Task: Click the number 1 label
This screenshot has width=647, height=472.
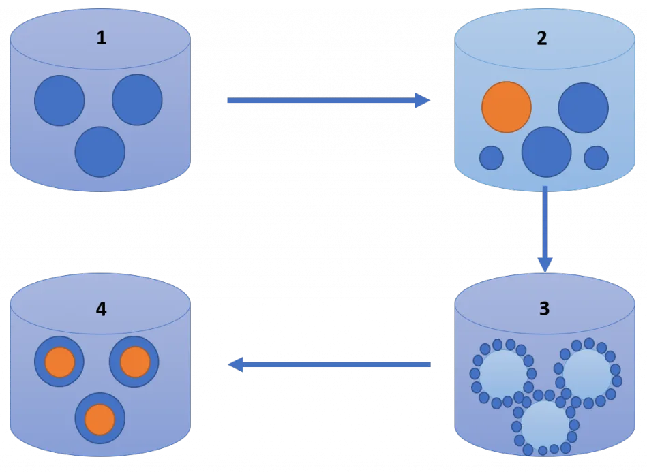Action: (101, 37)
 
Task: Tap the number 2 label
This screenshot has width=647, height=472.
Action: (541, 38)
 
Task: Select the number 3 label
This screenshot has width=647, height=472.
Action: (543, 309)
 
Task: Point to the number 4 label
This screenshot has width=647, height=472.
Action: (101, 309)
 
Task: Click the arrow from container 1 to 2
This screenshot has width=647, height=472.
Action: (327, 101)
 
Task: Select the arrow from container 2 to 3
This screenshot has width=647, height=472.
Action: (544, 228)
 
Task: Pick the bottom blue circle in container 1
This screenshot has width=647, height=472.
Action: (100, 152)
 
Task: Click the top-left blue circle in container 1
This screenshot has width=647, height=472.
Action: (60, 101)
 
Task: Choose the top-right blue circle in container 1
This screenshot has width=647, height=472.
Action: (137, 99)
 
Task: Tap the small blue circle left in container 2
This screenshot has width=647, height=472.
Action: (492, 158)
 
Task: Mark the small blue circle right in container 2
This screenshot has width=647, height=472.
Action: (597, 158)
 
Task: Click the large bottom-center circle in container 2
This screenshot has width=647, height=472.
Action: (546, 152)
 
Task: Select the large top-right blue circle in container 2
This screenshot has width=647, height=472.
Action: (583, 108)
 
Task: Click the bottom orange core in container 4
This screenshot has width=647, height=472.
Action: (100, 420)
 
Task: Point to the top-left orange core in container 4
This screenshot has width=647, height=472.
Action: (59, 362)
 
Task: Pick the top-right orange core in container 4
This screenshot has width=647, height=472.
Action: (134, 362)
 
